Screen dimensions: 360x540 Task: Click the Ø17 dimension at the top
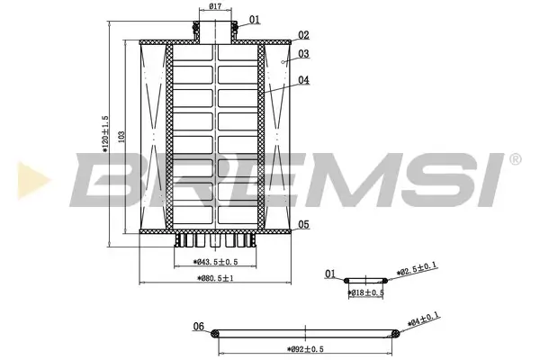(x=216, y=7)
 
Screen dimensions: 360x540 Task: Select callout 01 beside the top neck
(x=254, y=19)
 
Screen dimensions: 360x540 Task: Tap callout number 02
(x=303, y=35)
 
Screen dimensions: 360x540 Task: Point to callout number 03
(x=303, y=54)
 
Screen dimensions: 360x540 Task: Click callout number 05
(x=303, y=224)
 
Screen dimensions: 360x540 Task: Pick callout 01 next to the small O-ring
(x=330, y=273)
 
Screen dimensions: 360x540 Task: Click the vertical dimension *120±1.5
(x=106, y=135)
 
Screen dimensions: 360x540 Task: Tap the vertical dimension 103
(x=121, y=135)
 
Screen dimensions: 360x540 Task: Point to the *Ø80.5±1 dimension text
(x=215, y=279)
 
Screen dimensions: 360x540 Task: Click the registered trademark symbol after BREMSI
(x=515, y=160)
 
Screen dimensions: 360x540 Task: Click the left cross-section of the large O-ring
(x=214, y=335)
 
